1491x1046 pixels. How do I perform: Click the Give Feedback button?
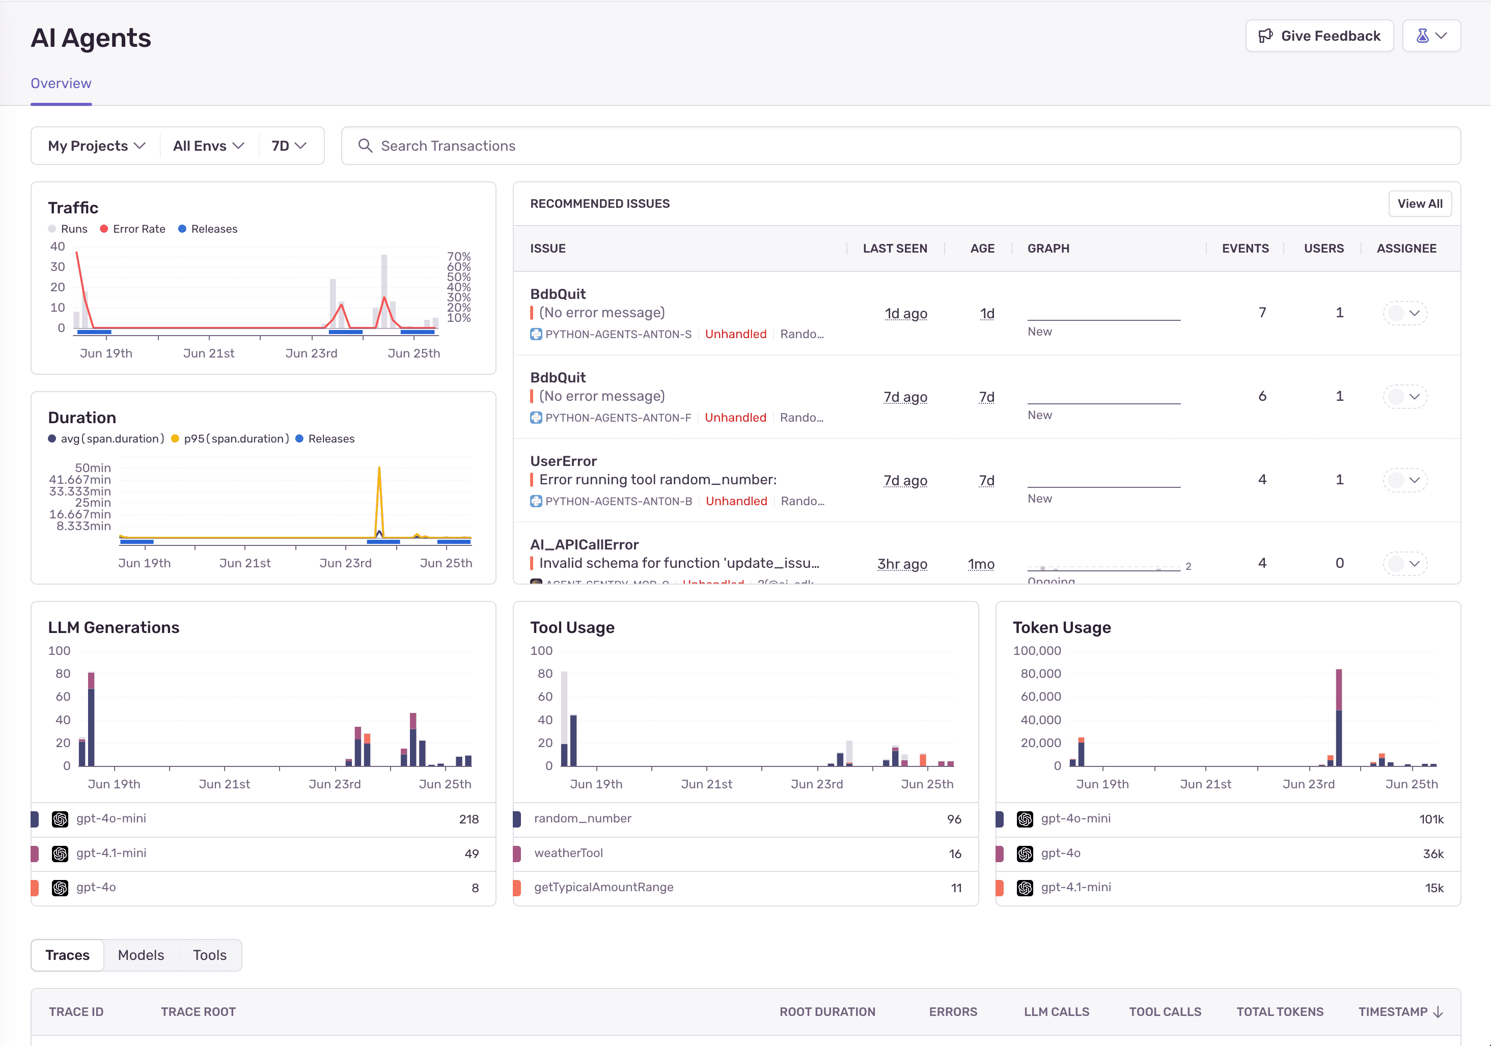1319,36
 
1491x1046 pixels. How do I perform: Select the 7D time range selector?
288,146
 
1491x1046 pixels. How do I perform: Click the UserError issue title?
563,461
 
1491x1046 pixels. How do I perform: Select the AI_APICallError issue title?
584,545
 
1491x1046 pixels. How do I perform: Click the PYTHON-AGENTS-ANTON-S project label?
618,335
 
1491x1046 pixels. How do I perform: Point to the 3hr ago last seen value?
901,564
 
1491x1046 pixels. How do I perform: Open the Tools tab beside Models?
209,955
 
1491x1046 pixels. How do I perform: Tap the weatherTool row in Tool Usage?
568,853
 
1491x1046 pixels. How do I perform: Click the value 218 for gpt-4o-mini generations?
468,819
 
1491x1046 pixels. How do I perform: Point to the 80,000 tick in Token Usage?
1040,674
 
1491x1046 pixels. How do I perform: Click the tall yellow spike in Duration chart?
379,493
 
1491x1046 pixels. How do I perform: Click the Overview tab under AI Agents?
61,84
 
